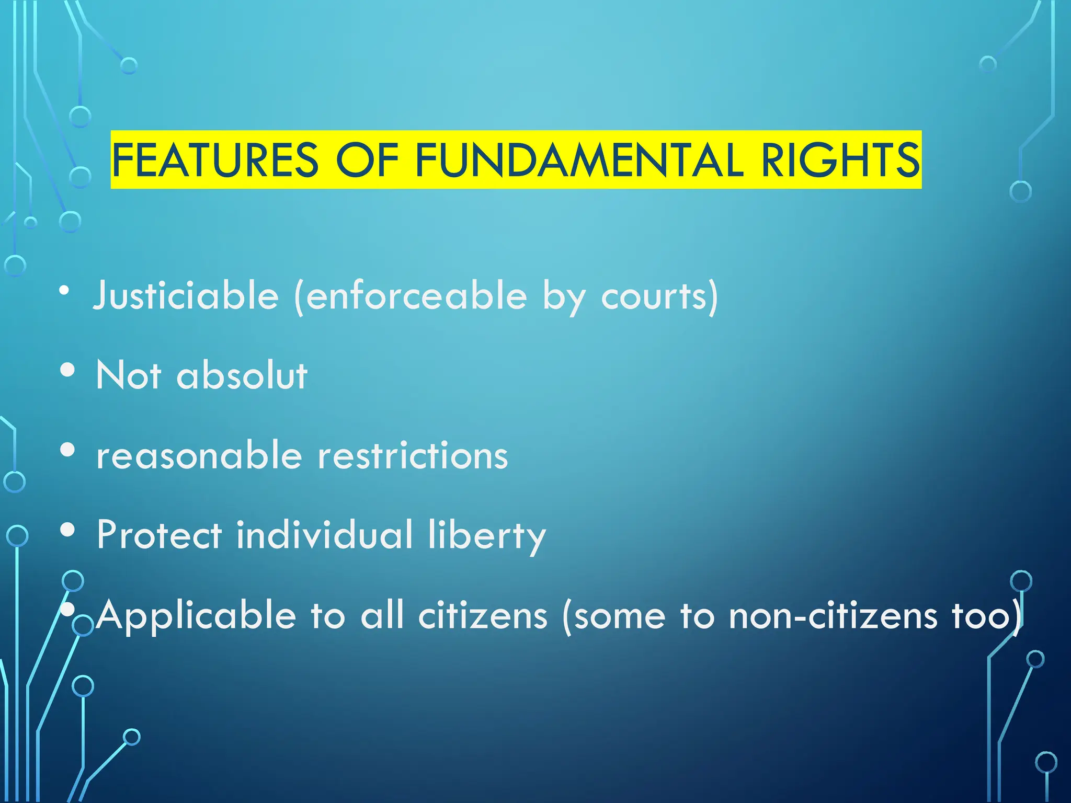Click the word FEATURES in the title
point(215,160)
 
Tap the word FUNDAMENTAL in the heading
point(579,160)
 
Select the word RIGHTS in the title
point(840,160)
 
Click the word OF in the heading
point(367,160)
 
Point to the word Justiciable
point(186,296)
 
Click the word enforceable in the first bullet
point(416,296)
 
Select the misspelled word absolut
point(242,375)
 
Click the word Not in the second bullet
point(129,375)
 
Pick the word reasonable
point(199,455)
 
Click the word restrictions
point(413,455)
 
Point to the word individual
point(325,535)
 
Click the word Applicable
point(196,616)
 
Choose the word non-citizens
point(833,616)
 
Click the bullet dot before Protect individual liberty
point(67,530)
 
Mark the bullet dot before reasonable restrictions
point(67,450)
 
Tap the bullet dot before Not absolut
point(67,370)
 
